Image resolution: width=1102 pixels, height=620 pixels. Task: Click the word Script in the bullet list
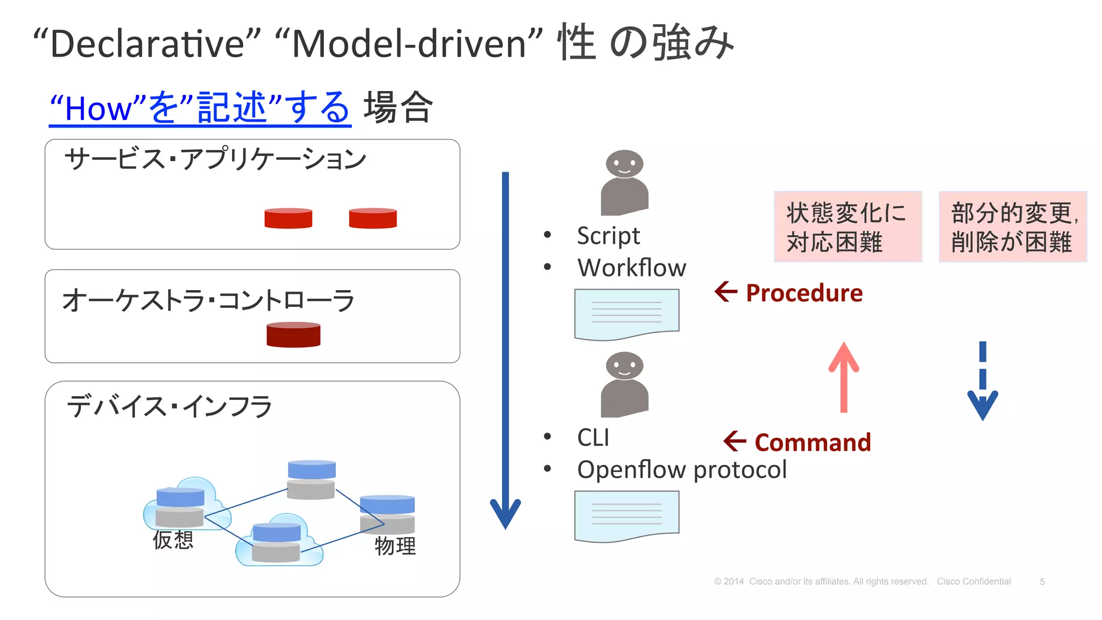(608, 236)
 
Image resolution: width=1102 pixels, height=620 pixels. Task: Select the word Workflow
(632, 267)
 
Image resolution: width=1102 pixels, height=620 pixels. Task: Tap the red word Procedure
(804, 293)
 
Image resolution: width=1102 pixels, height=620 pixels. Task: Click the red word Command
(813, 442)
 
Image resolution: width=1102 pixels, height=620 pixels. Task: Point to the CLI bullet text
(593, 438)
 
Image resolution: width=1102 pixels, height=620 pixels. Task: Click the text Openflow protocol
(682, 469)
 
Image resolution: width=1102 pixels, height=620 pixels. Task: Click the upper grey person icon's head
(624, 163)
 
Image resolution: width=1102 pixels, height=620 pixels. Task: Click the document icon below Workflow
(626, 314)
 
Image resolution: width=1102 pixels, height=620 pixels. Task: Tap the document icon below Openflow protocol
(626, 515)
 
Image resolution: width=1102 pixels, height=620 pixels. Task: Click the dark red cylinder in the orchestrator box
(293, 335)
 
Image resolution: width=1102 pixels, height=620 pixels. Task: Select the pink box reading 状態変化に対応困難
(847, 227)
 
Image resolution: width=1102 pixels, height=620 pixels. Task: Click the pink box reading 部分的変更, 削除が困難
(1013, 227)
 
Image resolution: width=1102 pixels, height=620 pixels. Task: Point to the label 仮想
(173, 540)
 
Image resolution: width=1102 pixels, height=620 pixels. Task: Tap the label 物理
(395, 546)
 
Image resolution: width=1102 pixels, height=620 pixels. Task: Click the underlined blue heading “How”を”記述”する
(200, 108)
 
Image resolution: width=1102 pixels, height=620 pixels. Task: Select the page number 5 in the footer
(1042, 582)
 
